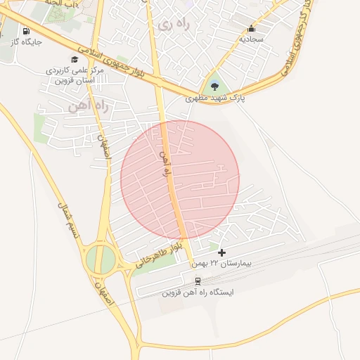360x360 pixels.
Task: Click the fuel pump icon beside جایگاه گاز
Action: point(27,32)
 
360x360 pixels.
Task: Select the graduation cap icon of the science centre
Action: point(75,60)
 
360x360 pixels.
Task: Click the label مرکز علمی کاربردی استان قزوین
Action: point(75,75)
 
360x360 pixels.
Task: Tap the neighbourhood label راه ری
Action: point(173,25)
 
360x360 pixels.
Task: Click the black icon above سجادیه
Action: point(251,29)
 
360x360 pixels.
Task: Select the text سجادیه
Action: point(251,39)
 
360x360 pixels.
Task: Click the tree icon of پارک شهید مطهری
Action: point(214,86)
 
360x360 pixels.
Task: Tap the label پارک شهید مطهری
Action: point(214,98)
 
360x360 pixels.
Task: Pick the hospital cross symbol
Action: point(222,252)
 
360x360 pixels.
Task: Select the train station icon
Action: point(197,281)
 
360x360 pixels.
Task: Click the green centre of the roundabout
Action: point(101,259)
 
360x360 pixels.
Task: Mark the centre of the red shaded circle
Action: point(180,179)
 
